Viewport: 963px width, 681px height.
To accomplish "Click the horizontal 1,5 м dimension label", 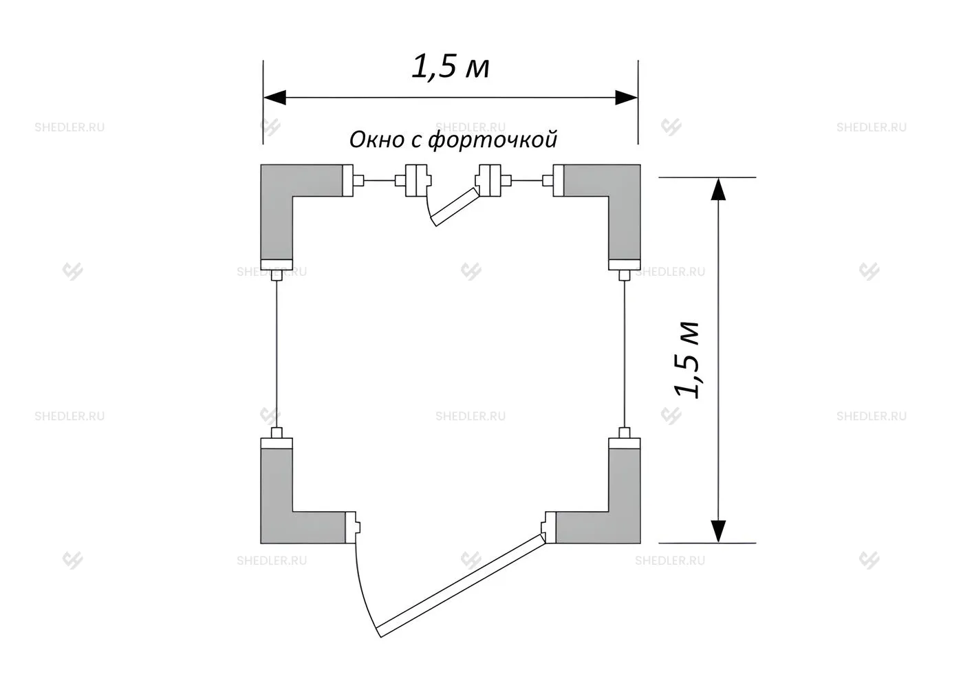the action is click(x=451, y=67).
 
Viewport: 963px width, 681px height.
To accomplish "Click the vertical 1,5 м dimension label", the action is click(x=686, y=359).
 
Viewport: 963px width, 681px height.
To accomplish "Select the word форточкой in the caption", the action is click(x=493, y=140).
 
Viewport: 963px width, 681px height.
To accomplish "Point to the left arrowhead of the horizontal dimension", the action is click(x=274, y=98).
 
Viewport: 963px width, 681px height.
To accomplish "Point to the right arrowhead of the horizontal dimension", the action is click(x=627, y=98).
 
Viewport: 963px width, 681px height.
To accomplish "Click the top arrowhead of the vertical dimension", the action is click(x=718, y=189).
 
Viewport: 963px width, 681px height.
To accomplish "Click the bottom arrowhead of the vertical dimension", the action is click(x=718, y=531).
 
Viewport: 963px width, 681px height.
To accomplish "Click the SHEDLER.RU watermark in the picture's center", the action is click(x=470, y=416).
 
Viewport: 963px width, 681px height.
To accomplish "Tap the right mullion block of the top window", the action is click(x=489, y=180).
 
